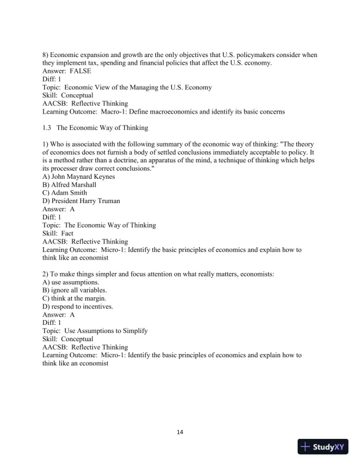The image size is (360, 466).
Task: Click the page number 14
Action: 180,432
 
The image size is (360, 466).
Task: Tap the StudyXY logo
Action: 324,447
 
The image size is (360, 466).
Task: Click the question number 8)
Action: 46,55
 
